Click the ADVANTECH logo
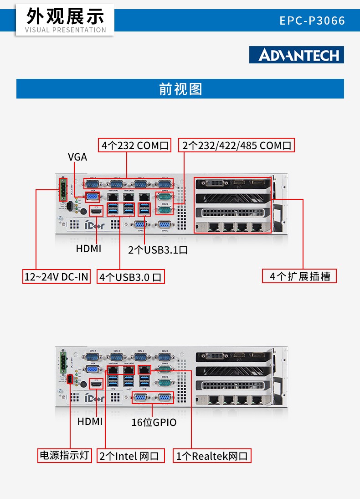click(x=297, y=55)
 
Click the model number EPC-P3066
click(x=312, y=21)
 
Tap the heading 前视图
click(x=180, y=88)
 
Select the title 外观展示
click(x=65, y=16)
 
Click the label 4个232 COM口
click(x=135, y=146)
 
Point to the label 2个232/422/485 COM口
click(x=237, y=146)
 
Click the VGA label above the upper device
click(x=77, y=157)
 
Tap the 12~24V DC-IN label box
click(x=57, y=276)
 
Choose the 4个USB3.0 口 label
click(x=130, y=277)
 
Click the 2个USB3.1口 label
click(x=158, y=250)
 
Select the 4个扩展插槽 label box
click(x=299, y=276)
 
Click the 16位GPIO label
click(x=154, y=422)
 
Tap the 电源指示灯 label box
click(x=65, y=455)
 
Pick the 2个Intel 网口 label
click(x=130, y=456)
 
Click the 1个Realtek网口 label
click(x=212, y=456)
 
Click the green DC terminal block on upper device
click(x=62, y=189)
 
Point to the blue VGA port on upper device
click(x=93, y=197)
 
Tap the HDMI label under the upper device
click(x=89, y=249)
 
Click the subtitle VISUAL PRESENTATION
click(x=65, y=30)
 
